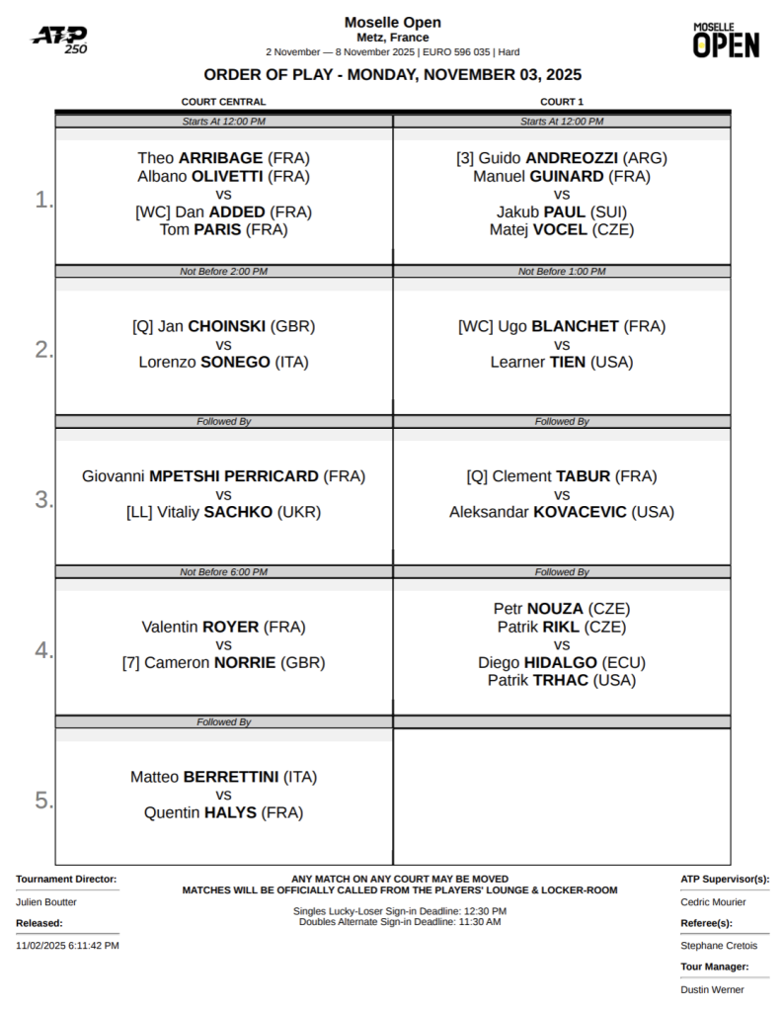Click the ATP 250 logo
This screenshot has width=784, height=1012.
point(59,40)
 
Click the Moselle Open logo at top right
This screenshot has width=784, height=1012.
point(726,40)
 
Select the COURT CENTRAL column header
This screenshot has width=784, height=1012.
point(223,102)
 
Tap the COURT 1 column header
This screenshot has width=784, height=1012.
point(562,102)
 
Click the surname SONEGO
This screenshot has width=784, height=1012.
point(235,363)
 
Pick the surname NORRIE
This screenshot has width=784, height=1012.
point(245,663)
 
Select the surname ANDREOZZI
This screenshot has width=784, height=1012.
point(572,158)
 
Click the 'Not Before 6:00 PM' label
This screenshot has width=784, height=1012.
point(223,572)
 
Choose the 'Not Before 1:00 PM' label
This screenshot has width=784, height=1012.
point(562,272)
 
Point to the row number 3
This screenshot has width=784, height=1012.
point(43,499)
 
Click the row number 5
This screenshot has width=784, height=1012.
point(43,801)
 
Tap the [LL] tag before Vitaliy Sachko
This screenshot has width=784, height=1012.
point(139,512)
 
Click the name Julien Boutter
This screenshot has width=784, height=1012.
point(46,902)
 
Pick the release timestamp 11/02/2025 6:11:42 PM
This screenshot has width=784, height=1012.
point(67,946)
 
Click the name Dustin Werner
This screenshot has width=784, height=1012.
point(712,989)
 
